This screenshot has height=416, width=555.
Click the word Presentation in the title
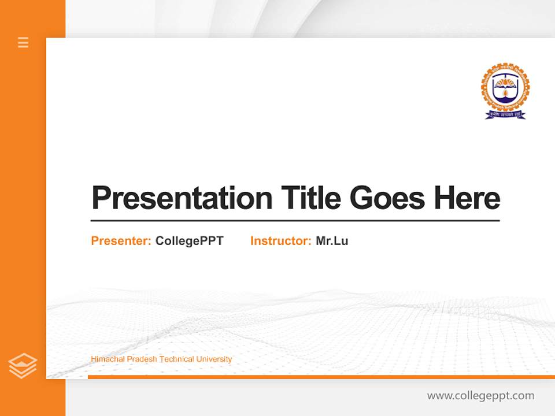tap(182, 198)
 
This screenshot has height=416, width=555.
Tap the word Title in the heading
tap(310, 198)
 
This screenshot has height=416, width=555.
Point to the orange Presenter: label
tap(121, 241)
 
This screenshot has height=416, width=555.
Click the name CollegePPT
tap(189, 241)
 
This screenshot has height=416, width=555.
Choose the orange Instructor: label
tap(281, 241)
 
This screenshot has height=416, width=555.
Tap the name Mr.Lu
tap(332, 241)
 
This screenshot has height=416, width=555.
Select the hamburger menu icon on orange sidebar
tap(23, 42)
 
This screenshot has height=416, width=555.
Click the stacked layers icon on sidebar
tap(23, 366)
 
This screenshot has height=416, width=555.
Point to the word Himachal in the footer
tap(107, 359)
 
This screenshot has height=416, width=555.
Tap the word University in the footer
tap(214, 359)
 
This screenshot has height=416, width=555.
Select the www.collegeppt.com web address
tap(480, 396)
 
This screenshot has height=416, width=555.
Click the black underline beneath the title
tap(295, 220)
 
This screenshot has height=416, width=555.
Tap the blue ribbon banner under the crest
tap(505, 114)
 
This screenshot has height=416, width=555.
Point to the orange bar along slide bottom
tap(321, 377)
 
